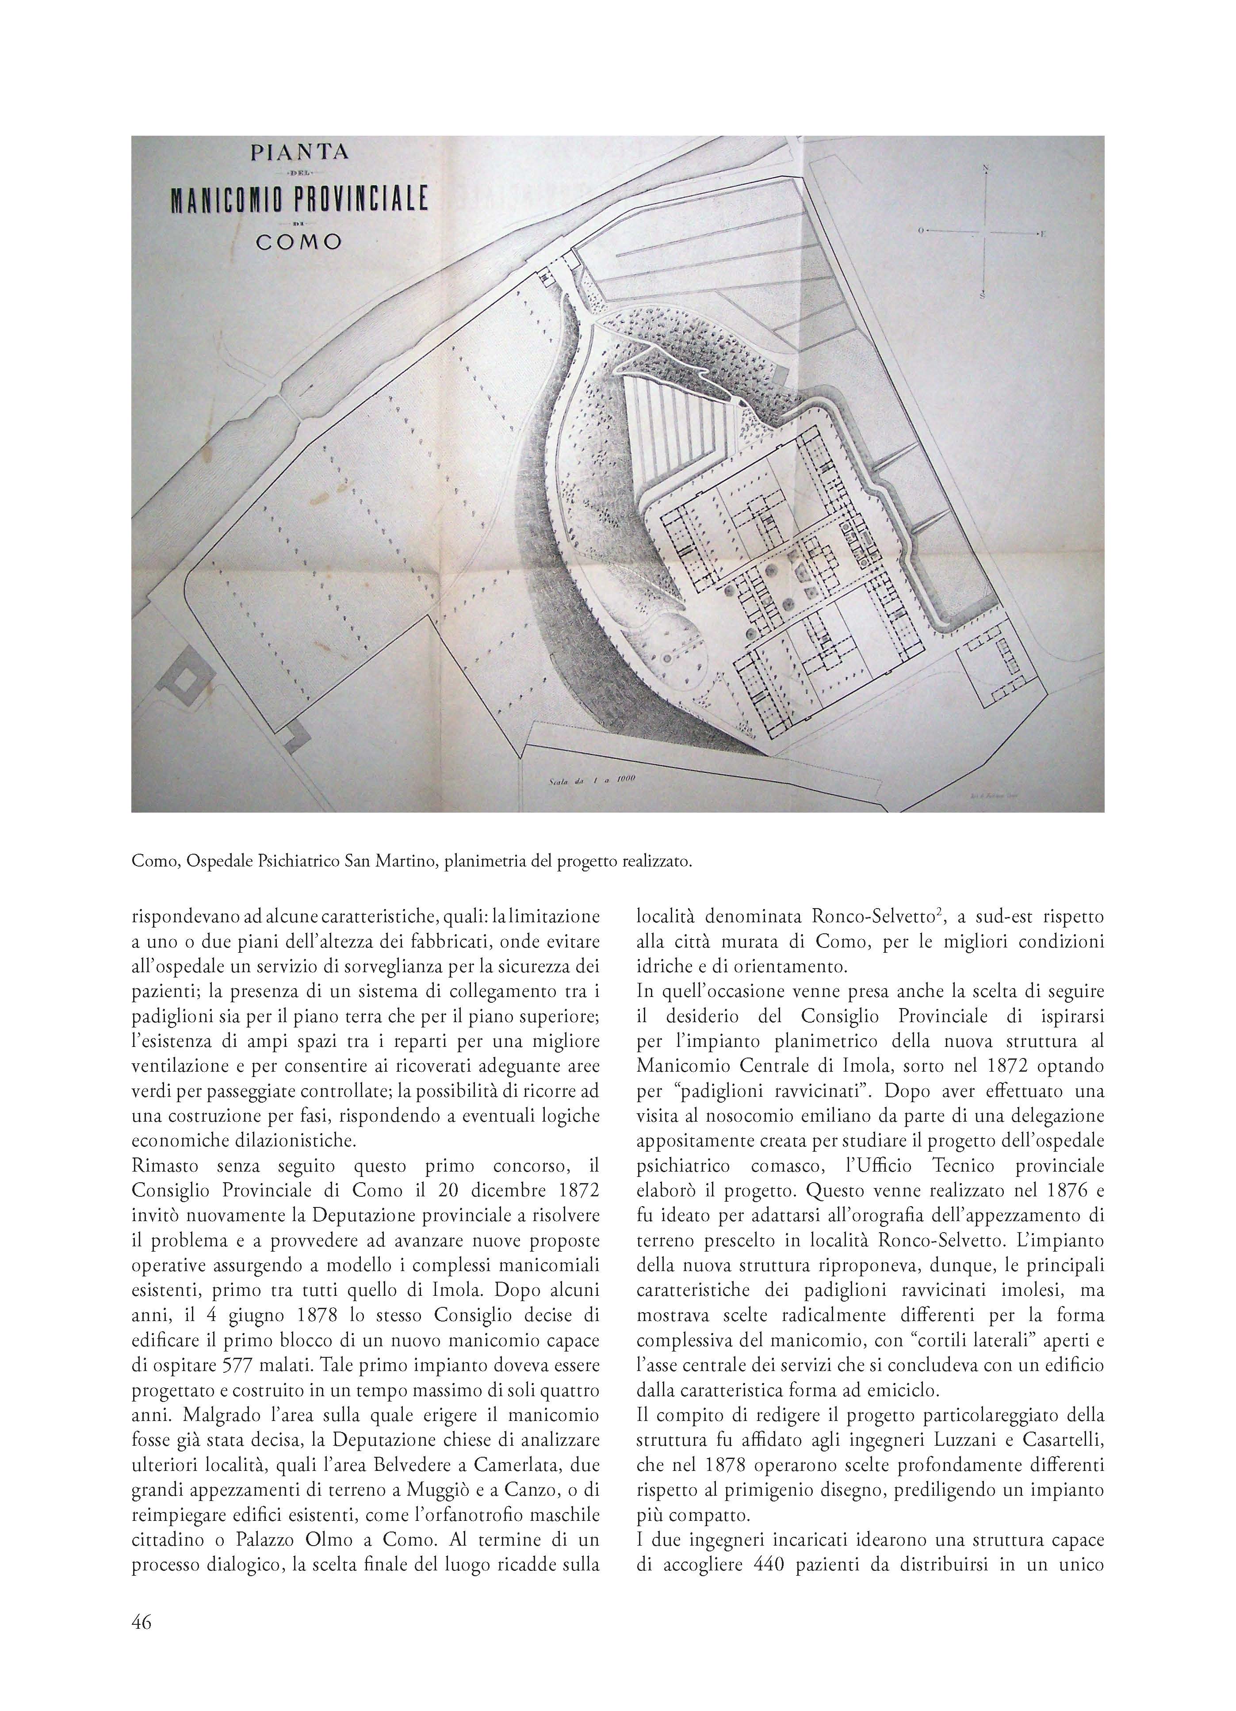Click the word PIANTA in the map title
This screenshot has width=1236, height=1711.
click(299, 153)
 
